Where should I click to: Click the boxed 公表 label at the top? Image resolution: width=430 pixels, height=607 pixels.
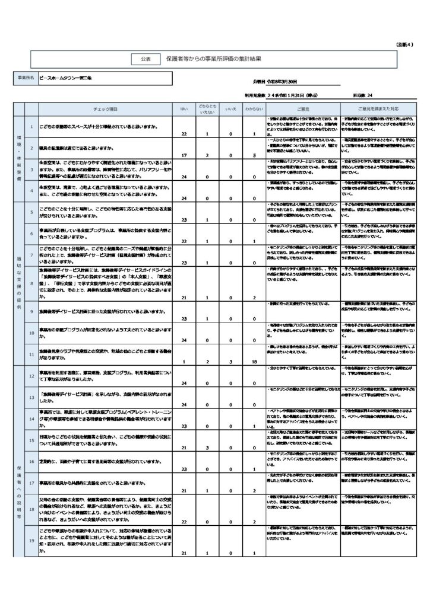146,59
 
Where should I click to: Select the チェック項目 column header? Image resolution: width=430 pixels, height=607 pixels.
106,109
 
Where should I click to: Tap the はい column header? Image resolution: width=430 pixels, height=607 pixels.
184,109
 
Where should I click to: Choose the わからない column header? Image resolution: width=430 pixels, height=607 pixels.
254,109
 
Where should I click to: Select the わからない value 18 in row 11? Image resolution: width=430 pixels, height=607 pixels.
254,361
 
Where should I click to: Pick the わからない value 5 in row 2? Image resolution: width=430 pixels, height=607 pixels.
254,156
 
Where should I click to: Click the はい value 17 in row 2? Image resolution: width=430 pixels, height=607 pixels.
184,156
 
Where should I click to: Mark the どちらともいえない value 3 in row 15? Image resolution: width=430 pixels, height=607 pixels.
207,448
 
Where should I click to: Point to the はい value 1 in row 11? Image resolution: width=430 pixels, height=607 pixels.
184,361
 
